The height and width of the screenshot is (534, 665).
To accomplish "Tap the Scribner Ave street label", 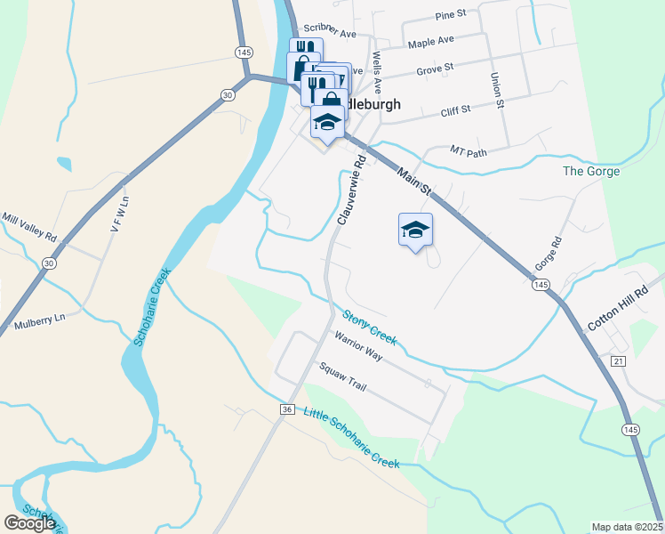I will tap(329, 33).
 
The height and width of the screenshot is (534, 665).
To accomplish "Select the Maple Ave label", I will tap(431, 41).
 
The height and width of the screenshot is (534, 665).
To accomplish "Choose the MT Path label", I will tap(469, 151).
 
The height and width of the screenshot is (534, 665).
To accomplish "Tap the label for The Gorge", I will tap(591, 171).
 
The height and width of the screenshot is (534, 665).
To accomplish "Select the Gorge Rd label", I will tap(549, 255).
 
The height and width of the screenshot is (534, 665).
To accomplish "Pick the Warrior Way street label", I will tap(357, 346).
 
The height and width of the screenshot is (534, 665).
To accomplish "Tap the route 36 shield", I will tap(286, 409).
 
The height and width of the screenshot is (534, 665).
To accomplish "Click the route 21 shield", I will tap(619, 360).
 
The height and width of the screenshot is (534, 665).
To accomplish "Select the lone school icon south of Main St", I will tap(415, 231).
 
